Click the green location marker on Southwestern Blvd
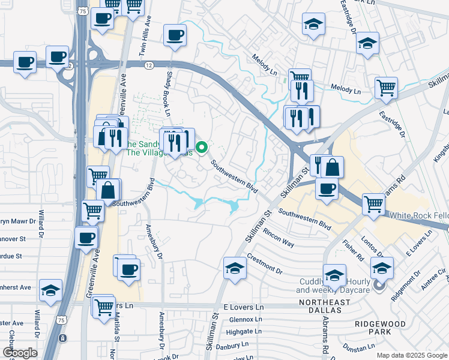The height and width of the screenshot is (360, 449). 202,146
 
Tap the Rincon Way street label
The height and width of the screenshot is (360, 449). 278,239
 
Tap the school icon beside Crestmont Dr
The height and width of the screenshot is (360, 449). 235,268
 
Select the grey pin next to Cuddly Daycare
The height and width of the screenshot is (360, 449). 379,286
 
